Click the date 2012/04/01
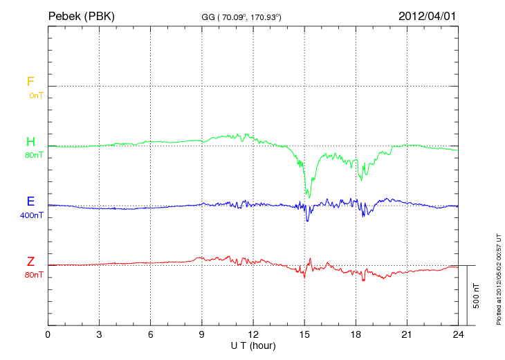click(428, 15)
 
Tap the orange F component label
click(30, 82)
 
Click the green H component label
click(30, 143)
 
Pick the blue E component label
click(30, 202)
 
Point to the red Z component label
click(30, 262)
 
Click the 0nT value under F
click(35, 96)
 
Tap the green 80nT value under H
click(33, 155)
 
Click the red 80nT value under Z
click(33, 275)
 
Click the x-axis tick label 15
click(304, 334)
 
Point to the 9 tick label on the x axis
click(202, 334)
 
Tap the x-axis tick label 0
click(48, 334)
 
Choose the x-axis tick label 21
click(407, 334)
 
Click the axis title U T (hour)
click(253, 345)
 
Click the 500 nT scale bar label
click(477, 296)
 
